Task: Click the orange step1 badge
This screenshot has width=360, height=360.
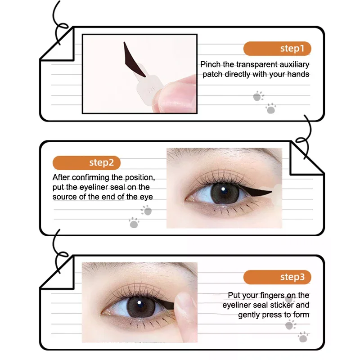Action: coord(277,48)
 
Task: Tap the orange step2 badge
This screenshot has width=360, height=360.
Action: coord(86,162)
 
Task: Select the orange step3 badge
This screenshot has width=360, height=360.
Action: coord(277,277)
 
